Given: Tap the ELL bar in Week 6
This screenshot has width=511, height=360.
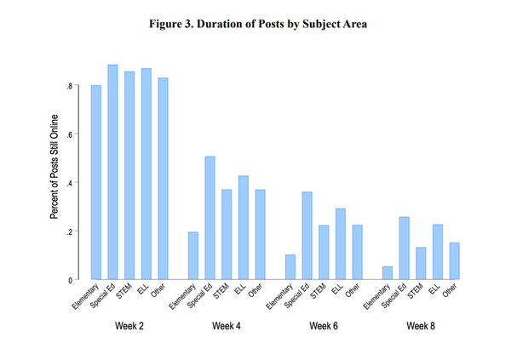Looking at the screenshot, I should [x=341, y=243].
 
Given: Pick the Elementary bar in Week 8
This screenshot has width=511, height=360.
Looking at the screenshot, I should [x=388, y=272].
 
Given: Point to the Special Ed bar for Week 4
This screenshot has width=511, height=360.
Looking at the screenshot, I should [x=210, y=218].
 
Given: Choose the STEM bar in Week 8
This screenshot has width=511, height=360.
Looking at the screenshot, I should [x=421, y=263].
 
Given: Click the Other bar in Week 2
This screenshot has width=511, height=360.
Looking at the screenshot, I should [x=163, y=179].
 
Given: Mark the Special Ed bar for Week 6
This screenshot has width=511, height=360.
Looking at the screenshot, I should [x=307, y=236].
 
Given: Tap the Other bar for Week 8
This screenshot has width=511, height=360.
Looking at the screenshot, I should [x=454, y=260].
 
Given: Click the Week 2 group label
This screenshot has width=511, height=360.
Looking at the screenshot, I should [x=129, y=327].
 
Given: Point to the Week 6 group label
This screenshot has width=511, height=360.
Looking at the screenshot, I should [x=323, y=327].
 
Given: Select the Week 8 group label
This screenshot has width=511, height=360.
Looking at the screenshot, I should [x=421, y=327].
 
